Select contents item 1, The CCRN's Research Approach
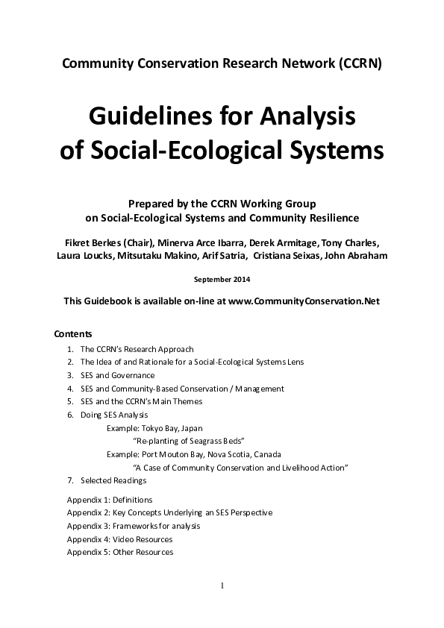(137, 348)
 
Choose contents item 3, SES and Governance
(117, 375)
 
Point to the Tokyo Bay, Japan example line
(154, 428)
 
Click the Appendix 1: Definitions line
(109, 500)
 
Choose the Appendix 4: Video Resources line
(119, 539)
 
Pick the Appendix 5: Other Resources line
(119, 552)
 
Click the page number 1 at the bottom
(222, 585)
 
